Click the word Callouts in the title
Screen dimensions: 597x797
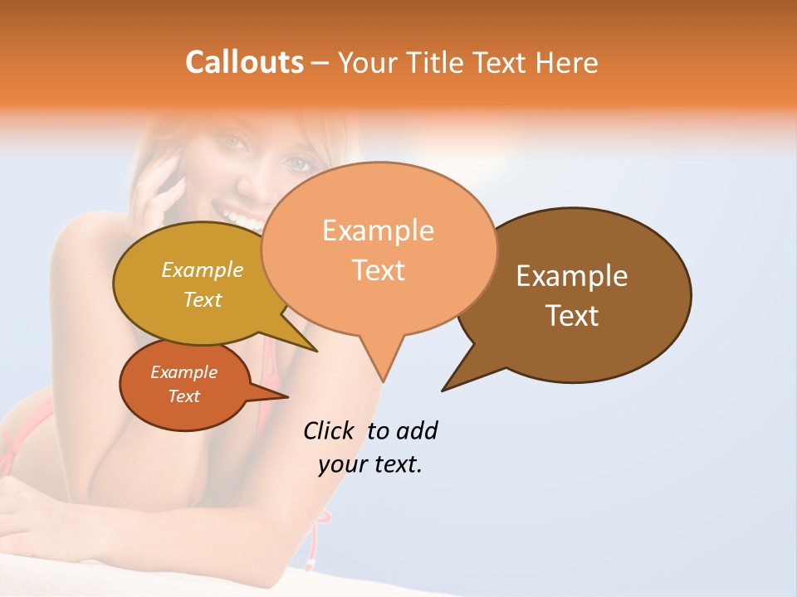(x=244, y=62)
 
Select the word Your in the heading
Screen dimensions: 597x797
(x=367, y=62)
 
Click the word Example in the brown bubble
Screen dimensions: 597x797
(x=572, y=276)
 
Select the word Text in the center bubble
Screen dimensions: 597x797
(x=379, y=270)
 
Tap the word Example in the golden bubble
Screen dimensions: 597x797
(x=203, y=270)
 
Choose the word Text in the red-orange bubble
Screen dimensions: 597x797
(x=183, y=396)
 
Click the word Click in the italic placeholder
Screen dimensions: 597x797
(x=329, y=430)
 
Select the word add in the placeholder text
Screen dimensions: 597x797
(x=416, y=430)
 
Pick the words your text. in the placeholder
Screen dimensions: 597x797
(x=370, y=464)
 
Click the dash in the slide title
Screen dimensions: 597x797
(x=321, y=63)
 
